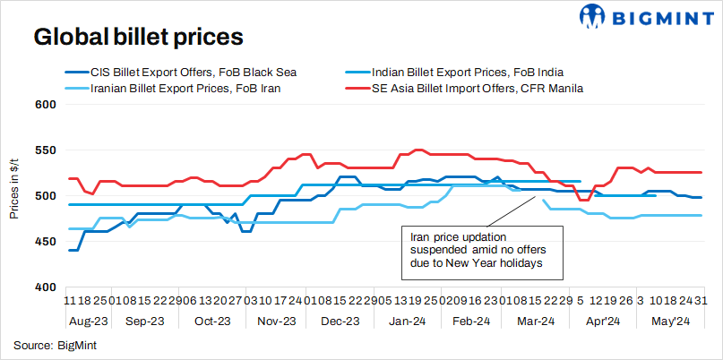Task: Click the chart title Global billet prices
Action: click(x=139, y=38)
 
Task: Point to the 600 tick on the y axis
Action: click(x=45, y=104)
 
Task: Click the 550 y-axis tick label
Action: click(x=45, y=150)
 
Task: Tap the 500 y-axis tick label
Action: click(x=45, y=195)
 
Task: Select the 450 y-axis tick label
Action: click(x=45, y=241)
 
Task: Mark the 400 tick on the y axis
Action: click(x=45, y=287)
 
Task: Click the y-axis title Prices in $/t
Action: click(x=14, y=195)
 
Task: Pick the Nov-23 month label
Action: click(x=276, y=321)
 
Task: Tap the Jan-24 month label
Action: click(x=407, y=321)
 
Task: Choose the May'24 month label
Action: click(x=669, y=321)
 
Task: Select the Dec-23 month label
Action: click(x=340, y=321)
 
